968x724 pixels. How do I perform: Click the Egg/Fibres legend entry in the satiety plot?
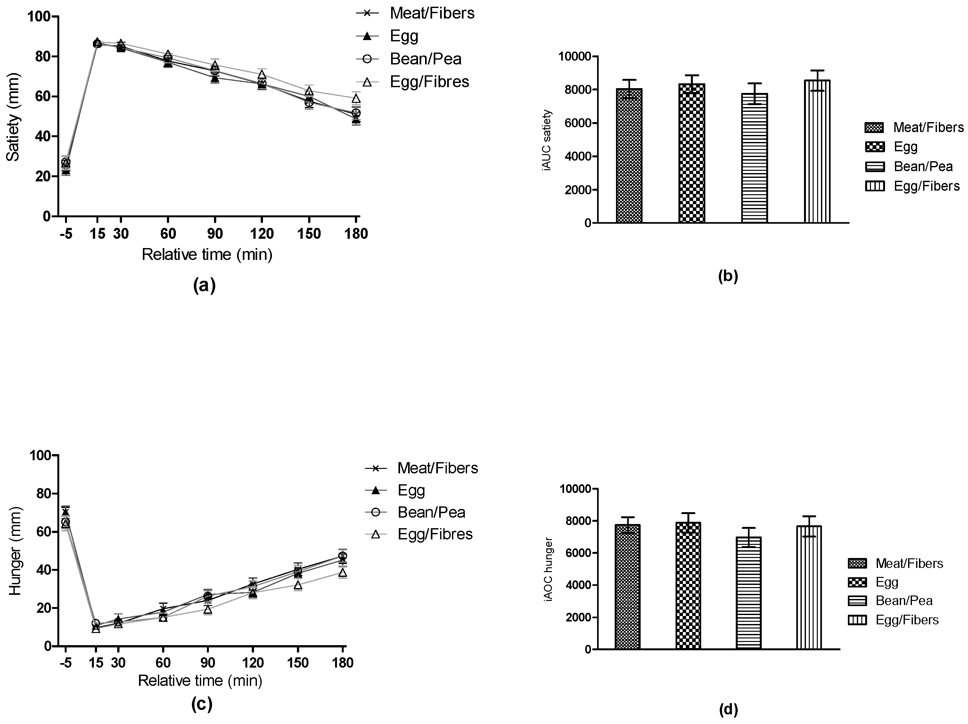pyautogui.click(x=429, y=82)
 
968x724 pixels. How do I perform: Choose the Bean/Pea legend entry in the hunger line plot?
pyautogui.click(x=431, y=512)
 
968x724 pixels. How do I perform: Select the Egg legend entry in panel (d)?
pyautogui.click(x=887, y=582)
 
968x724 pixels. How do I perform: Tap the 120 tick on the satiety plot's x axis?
pyautogui.click(x=262, y=234)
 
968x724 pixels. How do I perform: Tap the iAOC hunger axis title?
pyautogui.click(x=549, y=569)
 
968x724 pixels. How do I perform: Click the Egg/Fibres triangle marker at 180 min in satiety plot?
pyautogui.click(x=356, y=98)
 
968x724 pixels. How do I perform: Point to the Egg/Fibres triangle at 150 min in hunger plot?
pyautogui.click(x=298, y=585)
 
